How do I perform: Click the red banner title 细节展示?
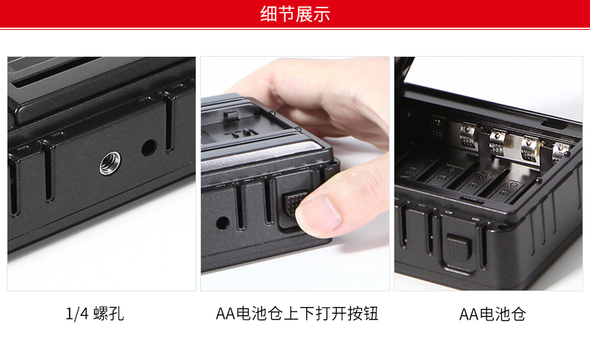[x=295, y=14]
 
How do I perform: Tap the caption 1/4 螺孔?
[x=95, y=314]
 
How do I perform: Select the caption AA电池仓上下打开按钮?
[x=297, y=314]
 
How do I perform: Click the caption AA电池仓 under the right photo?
[x=493, y=314]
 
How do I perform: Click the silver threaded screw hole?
[x=111, y=164]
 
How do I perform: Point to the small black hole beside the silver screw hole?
[x=149, y=148]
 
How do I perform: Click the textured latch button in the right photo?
[x=459, y=249]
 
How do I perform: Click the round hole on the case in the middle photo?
[x=223, y=223]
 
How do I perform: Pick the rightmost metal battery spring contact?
[x=561, y=152]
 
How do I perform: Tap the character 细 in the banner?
[x=269, y=14]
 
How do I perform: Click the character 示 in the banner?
[x=321, y=14]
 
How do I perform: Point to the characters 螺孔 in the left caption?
[x=109, y=314]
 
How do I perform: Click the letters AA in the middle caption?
[x=226, y=314]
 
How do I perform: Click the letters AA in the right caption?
[x=469, y=314]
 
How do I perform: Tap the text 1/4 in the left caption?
[x=77, y=314]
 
